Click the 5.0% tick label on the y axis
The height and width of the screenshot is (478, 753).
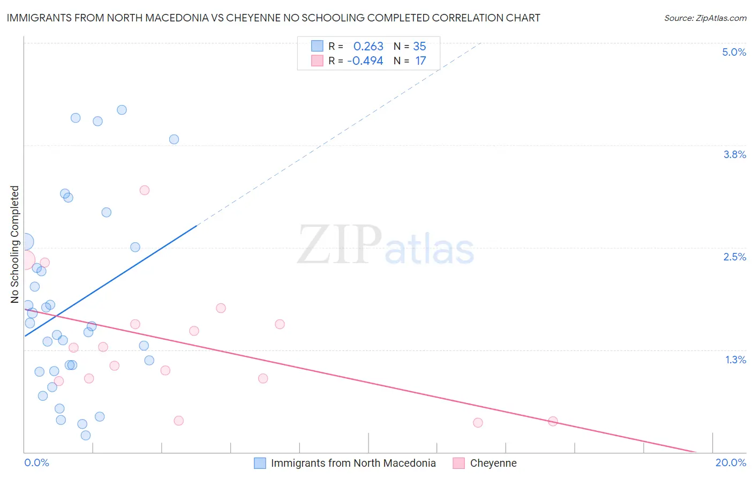pos(734,52)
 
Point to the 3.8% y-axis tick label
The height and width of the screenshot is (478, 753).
pos(734,154)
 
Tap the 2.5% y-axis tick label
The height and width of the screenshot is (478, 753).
pos(734,257)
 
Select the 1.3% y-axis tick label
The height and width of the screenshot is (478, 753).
pos(735,360)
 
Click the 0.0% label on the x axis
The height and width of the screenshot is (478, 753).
pos(36,462)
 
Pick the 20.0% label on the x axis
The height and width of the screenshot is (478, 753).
pos(731,462)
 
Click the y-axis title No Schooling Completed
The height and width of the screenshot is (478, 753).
pos(14,244)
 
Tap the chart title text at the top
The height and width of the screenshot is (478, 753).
pos(273,18)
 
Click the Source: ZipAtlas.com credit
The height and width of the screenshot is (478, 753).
pos(705,18)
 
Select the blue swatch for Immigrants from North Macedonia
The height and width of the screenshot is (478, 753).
pos(260,463)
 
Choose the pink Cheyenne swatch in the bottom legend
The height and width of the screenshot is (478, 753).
pos(458,463)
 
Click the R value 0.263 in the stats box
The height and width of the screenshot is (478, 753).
pos(368,47)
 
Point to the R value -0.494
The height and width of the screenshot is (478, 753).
pos(365,61)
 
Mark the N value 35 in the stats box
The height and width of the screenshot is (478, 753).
pos(419,47)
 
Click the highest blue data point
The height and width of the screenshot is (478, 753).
pos(122,110)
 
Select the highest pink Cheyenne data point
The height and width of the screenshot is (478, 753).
pos(144,190)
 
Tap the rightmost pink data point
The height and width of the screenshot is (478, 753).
pos(553,421)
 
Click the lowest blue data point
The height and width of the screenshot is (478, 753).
pos(86,435)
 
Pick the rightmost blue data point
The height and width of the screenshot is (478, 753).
pos(174,139)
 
